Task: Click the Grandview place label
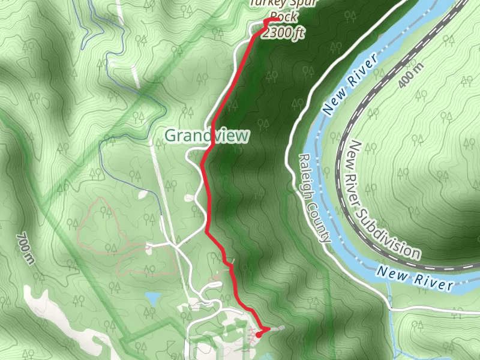click(x=206, y=136)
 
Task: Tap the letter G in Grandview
click(x=170, y=136)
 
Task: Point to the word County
click(x=322, y=222)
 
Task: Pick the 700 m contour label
click(x=26, y=248)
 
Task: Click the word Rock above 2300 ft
click(x=283, y=17)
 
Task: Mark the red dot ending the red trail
click(x=259, y=334)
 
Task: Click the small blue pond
click(x=152, y=298)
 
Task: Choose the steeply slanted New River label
click(x=351, y=84)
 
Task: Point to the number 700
click(x=25, y=243)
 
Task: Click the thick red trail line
click(x=207, y=192)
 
